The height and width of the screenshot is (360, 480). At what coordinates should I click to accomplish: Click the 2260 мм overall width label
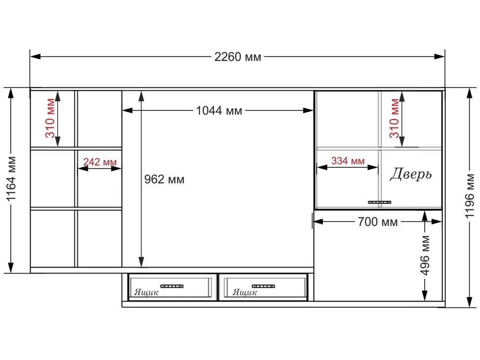[238, 57]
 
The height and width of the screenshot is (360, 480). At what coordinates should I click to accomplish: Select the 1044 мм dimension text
[219, 111]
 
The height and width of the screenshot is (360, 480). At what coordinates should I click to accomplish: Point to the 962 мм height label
[164, 179]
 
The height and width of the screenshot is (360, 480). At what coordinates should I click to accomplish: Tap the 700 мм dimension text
[378, 222]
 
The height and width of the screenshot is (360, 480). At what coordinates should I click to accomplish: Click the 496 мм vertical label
[425, 255]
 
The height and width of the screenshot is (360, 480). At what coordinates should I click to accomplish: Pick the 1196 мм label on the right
[469, 196]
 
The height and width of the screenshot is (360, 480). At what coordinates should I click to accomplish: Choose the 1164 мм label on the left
[11, 179]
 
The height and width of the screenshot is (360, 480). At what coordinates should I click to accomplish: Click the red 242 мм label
[100, 162]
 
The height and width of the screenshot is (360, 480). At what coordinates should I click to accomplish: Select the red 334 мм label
[348, 161]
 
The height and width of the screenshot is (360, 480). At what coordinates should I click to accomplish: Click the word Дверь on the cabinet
[411, 174]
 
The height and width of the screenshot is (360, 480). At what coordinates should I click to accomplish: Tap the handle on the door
[380, 202]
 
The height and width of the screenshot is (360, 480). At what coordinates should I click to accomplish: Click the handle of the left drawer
[172, 286]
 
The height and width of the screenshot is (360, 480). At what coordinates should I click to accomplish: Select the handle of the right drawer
[263, 286]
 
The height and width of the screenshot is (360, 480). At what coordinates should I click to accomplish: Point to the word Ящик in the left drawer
[146, 292]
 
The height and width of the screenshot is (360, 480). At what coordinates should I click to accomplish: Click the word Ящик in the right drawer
[244, 292]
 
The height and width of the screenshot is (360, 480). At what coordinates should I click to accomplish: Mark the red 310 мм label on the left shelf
[50, 118]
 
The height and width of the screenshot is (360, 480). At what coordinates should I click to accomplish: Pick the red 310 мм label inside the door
[394, 118]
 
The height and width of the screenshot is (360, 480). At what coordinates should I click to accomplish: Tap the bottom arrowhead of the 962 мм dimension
[141, 263]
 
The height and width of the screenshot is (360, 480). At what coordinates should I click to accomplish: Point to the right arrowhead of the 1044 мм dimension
[308, 110]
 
